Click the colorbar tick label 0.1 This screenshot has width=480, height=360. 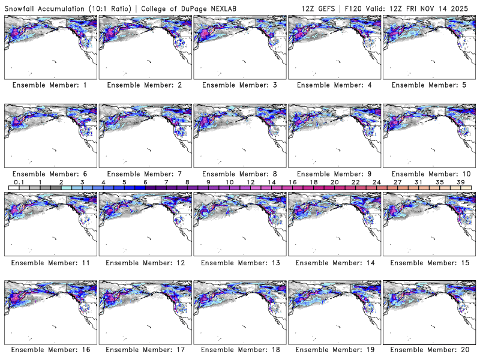pyautogui.click(x=19, y=182)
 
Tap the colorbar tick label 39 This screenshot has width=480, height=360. pyautogui.click(x=461, y=182)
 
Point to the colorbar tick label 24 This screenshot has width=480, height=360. pyautogui.click(x=376, y=182)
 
